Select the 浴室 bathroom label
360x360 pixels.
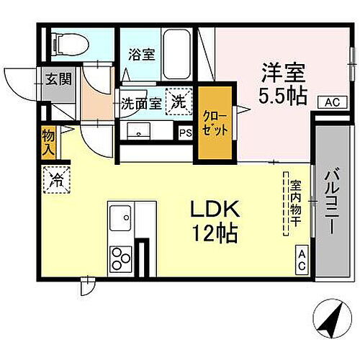[141, 55]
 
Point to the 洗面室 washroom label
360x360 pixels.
[140, 103]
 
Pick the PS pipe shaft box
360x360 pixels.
[185, 132]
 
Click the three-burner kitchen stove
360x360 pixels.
[120, 258]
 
